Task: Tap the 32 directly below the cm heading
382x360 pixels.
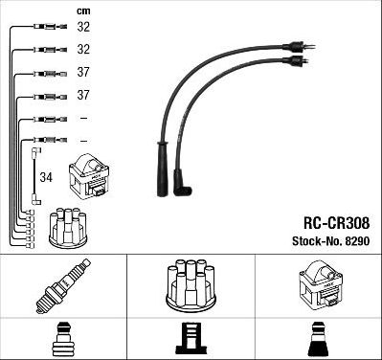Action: [x=83, y=28]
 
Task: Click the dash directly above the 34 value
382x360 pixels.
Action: [x=83, y=141]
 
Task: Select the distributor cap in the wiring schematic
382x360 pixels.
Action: [x=70, y=226]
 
